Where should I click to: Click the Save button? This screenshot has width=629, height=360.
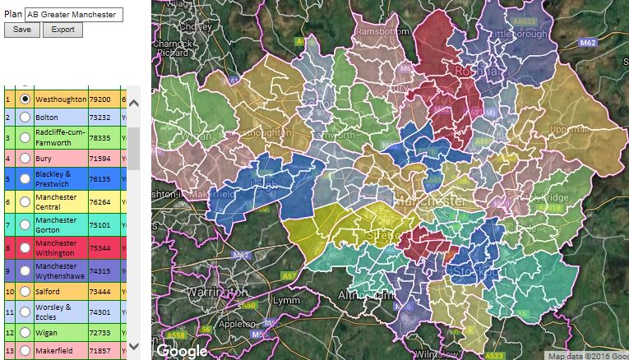point(21,30)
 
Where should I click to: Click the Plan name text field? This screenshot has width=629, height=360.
point(74,14)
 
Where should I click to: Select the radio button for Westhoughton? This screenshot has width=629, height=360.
point(25,99)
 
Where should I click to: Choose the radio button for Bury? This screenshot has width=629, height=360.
point(25,158)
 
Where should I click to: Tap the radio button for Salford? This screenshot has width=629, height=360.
point(25,291)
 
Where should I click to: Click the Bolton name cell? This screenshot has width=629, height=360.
point(61,117)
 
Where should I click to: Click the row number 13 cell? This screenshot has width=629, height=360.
point(8,350)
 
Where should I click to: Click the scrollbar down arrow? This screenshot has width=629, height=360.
point(134,346)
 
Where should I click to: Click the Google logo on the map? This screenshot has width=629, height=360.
point(182,350)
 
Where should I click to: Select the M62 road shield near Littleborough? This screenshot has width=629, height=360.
point(587,42)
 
